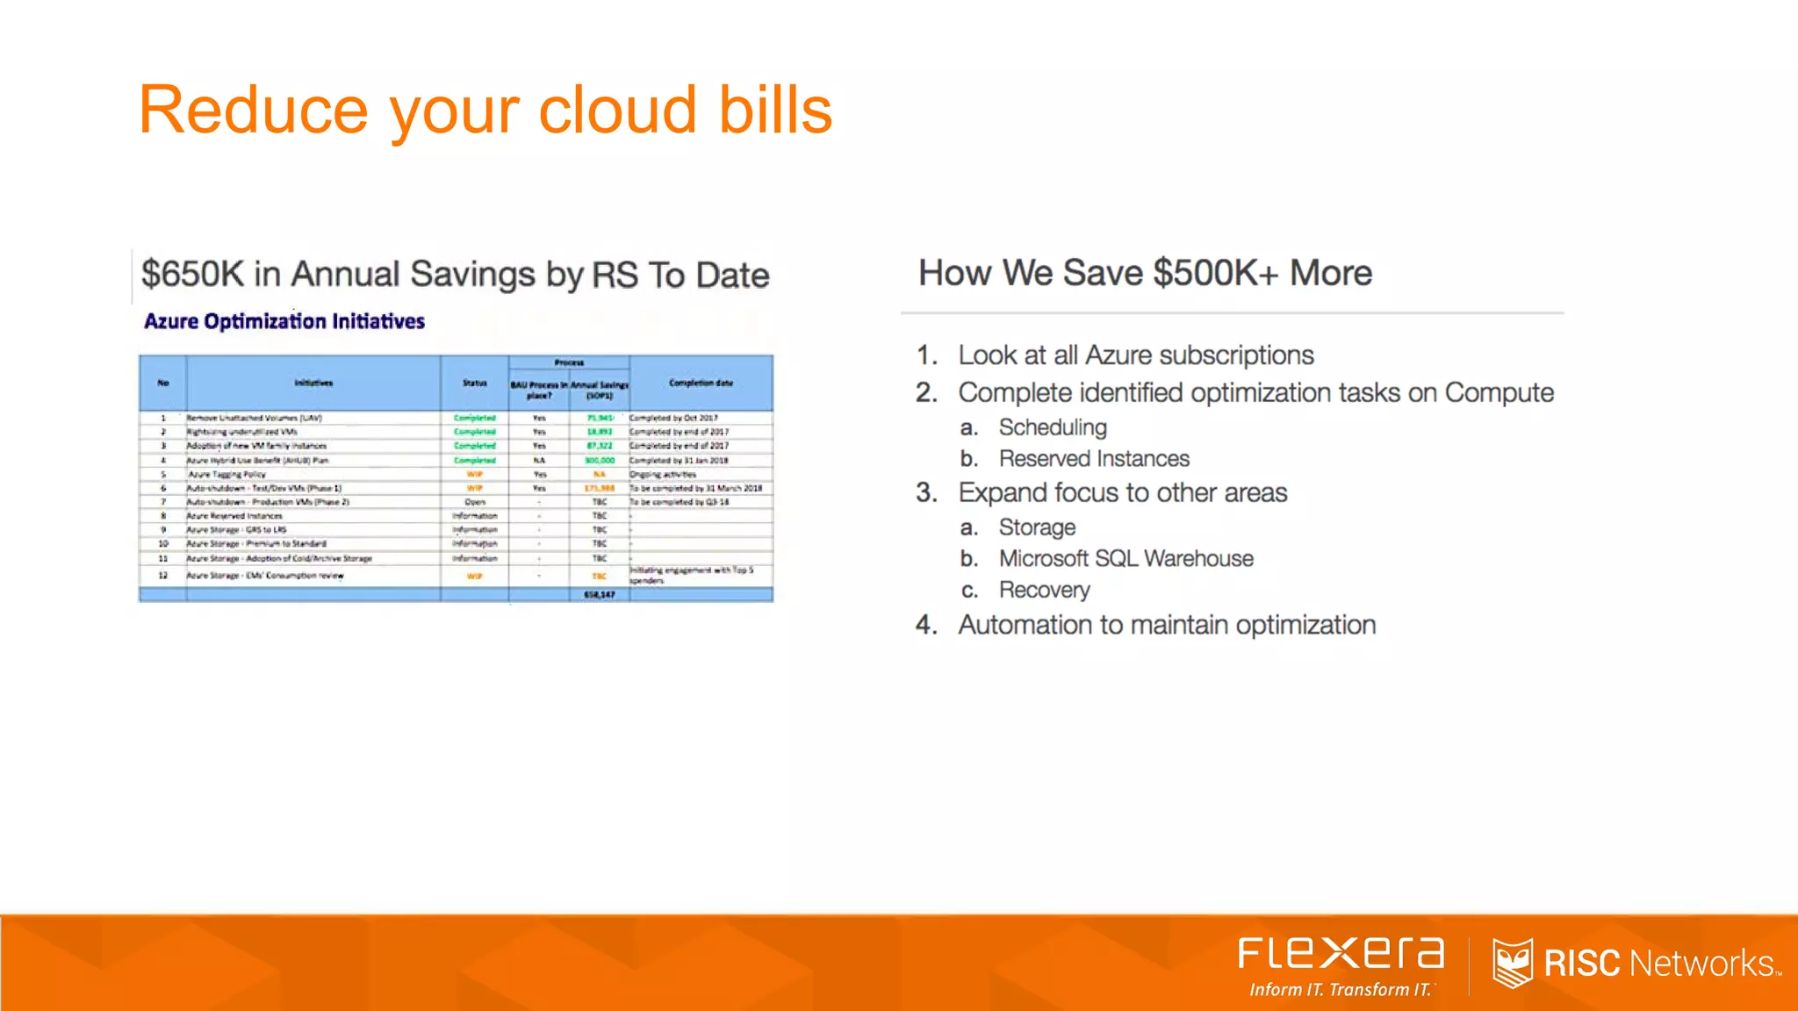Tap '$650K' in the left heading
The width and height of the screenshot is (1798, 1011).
(x=192, y=274)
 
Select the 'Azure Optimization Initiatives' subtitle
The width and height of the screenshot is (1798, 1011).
(x=284, y=321)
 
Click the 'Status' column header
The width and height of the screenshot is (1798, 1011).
(x=474, y=383)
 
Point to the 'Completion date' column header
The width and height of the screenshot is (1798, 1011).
(x=701, y=383)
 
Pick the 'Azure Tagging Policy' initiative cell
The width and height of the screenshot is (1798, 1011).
(x=227, y=474)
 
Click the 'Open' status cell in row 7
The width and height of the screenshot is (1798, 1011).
(x=474, y=502)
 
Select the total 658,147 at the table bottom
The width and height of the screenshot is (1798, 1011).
(x=600, y=594)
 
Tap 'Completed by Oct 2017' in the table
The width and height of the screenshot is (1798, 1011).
(x=673, y=418)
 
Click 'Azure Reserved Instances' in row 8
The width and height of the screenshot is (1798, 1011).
(x=234, y=516)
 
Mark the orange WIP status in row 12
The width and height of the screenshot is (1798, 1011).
(x=474, y=576)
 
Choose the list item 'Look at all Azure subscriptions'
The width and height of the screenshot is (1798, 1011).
(x=1135, y=355)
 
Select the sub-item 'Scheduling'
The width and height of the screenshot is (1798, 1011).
(x=1053, y=427)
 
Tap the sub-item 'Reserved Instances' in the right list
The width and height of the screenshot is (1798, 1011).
(x=1094, y=459)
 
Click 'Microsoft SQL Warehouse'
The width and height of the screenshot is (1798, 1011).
(x=1126, y=559)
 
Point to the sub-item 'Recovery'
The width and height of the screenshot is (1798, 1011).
(x=1044, y=590)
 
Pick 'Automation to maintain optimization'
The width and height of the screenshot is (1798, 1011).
(x=1167, y=625)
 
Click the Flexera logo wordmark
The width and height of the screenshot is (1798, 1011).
(x=1341, y=954)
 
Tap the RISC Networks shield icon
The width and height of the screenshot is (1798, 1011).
(x=1512, y=963)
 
